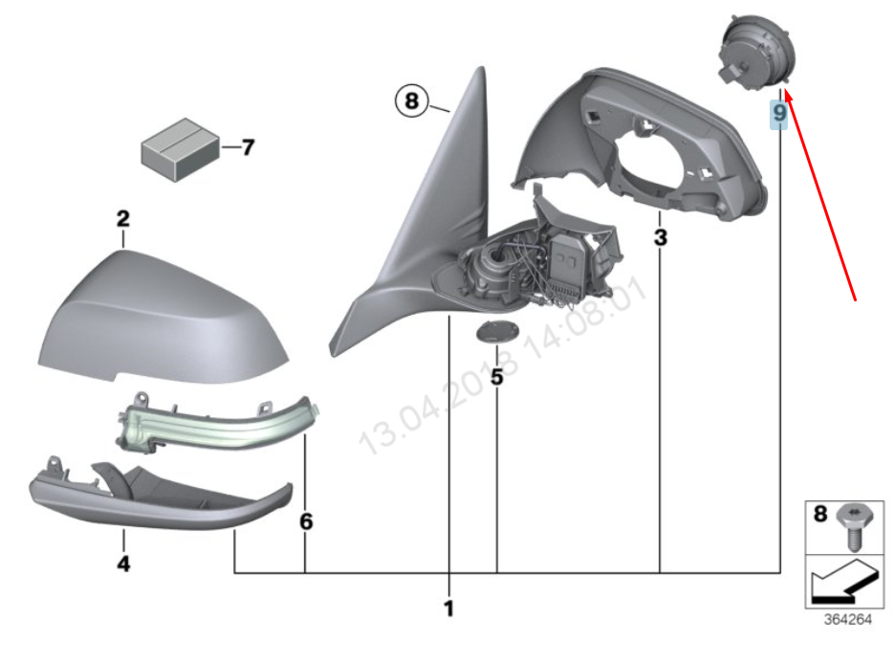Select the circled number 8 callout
click(411, 100)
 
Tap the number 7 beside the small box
click(248, 147)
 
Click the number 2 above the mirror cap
click(122, 219)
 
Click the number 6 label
click(306, 522)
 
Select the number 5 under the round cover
click(496, 376)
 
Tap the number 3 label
click(661, 236)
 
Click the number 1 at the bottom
click(448, 608)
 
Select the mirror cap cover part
click(163, 311)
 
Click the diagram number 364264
click(848, 619)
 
